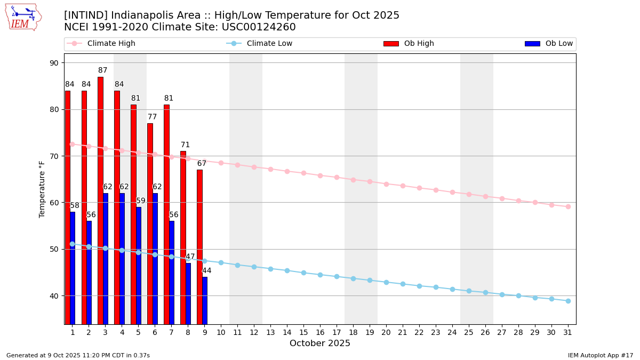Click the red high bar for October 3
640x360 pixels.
(x=100, y=200)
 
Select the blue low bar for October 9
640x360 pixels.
(x=205, y=300)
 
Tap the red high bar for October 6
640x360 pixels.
(x=150, y=223)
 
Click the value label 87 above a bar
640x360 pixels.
(x=103, y=70)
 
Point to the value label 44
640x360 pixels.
(x=207, y=271)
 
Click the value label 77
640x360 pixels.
(x=153, y=117)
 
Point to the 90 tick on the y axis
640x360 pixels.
(x=54, y=63)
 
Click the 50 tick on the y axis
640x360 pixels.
(x=54, y=249)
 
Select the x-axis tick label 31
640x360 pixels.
(x=568, y=332)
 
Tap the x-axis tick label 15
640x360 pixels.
(x=303, y=332)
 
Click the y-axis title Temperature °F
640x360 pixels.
(x=42, y=189)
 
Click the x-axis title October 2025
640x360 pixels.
(x=320, y=343)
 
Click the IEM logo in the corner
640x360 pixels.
(x=23, y=17)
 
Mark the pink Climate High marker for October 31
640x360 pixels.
(x=568, y=206)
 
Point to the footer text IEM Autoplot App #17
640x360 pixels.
(x=600, y=355)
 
